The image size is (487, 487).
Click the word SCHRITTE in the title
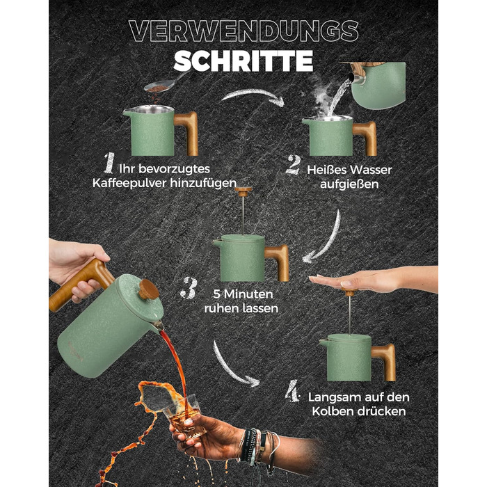[x=243, y=61]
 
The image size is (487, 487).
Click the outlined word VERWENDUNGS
[x=243, y=31]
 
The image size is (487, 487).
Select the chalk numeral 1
[x=109, y=163]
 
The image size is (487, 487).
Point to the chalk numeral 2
[x=294, y=165]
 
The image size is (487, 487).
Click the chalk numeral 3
[x=190, y=288]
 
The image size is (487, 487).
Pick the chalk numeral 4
[x=293, y=391]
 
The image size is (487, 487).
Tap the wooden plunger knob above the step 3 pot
[x=243, y=191]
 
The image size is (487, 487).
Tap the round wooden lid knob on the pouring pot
[x=148, y=289]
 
